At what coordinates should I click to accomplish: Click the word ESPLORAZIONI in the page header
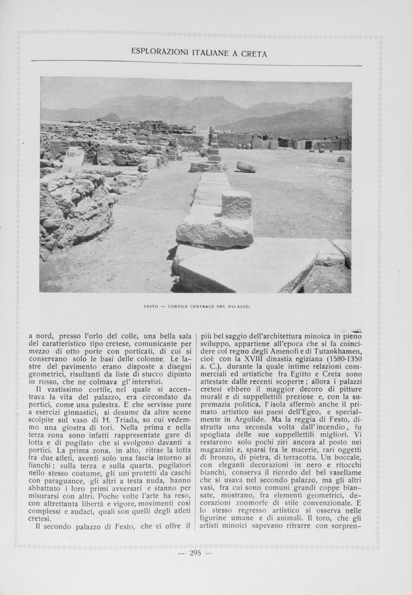pos(158,53)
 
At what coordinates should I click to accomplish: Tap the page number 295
pos(196,553)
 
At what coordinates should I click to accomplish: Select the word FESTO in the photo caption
pos(152,306)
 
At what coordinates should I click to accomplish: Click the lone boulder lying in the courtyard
pos(246,167)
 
